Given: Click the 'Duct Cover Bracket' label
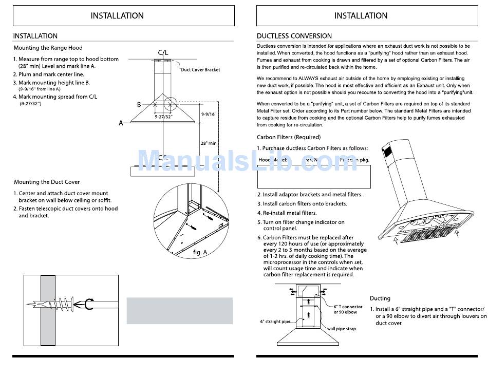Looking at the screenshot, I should point(200,69).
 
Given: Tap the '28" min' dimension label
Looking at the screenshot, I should point(208,143).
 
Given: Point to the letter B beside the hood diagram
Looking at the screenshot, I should point(139,105).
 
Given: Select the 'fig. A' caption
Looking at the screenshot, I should point(200,252).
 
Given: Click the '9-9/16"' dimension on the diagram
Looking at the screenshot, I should point(209,114).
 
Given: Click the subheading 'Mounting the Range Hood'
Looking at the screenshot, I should point(48,48).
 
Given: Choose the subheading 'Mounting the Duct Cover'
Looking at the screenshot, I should point(47,182).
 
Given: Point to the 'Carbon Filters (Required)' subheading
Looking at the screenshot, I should point(289,137).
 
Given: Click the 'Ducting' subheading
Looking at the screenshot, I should point(380,298).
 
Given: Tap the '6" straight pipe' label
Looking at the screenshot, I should point(275,322).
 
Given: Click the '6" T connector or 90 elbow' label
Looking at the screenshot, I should point(348,309).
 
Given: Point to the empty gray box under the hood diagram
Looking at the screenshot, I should point(179,310).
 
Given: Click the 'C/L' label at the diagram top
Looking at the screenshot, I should point(163,53).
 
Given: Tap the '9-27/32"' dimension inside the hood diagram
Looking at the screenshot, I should point(164,117).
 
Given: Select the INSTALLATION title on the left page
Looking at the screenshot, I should point(117,16).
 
